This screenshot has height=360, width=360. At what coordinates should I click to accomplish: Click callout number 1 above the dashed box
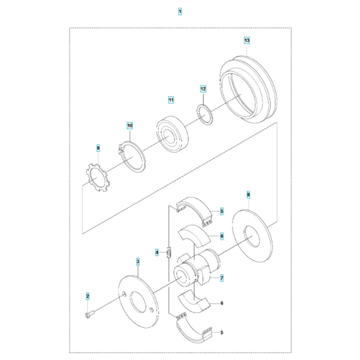180,12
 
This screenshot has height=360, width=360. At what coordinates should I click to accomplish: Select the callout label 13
247,40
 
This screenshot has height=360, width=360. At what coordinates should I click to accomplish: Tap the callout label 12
203,89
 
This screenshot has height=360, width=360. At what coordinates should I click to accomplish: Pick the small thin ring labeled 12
204,116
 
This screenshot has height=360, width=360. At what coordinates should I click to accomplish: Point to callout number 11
171,100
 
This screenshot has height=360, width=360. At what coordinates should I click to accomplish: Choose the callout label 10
129,125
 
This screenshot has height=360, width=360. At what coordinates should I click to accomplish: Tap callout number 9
98,148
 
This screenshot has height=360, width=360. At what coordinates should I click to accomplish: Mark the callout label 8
248,193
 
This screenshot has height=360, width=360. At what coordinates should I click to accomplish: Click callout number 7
221,278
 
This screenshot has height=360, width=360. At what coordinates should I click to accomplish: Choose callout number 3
137,262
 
